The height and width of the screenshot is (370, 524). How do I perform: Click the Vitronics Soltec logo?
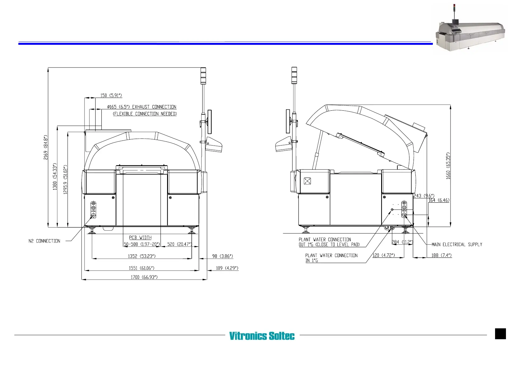[262, 335]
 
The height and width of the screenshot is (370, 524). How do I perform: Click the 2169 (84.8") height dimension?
[46, 147]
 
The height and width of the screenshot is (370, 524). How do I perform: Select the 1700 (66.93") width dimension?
[144, 277]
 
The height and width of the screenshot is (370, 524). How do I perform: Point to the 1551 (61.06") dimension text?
[142, 268]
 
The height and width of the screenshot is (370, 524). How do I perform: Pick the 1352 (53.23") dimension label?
[142, 256]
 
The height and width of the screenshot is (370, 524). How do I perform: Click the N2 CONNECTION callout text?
[44, 241]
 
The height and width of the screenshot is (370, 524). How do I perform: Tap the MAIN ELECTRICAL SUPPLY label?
[457, 244]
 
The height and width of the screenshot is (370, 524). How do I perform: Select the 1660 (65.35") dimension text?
[448, 166]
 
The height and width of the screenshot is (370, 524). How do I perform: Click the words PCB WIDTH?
[140, 238]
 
